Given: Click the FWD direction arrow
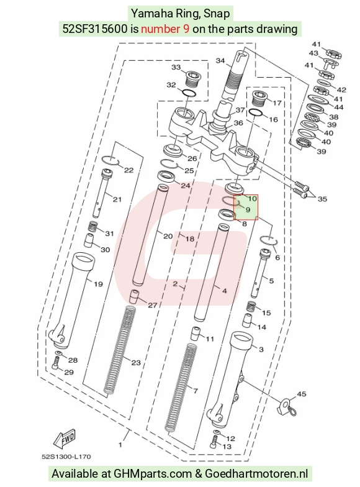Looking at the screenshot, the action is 65,439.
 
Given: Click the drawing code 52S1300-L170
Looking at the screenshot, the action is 66,457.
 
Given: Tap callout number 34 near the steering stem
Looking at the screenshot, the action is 220,61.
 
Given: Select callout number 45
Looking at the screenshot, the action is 302,394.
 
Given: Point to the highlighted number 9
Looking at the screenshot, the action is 248,210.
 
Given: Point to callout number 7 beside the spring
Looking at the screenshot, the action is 196,390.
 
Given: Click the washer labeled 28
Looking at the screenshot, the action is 58,354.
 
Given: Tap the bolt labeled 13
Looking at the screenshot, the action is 214,442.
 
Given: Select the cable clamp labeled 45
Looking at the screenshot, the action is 286,407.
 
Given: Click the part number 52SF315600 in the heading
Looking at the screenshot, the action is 94,29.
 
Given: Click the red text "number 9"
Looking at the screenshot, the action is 165,29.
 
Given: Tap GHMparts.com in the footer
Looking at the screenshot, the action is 153,473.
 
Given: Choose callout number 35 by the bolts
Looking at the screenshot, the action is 323,199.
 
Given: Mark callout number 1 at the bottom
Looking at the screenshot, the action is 120,445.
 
